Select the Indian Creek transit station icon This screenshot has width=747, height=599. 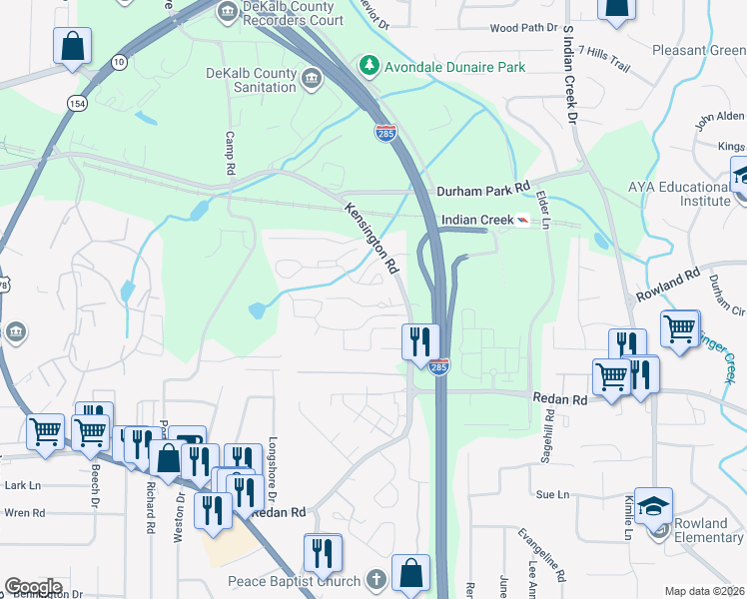coord(523,220)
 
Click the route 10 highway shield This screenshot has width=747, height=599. coord(120,62)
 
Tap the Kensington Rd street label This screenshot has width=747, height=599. coord(373,239)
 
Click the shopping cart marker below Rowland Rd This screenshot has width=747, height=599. coord(680,326)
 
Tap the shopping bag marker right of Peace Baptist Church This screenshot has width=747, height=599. coord(410,573)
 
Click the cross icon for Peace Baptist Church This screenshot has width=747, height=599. coord(375,580)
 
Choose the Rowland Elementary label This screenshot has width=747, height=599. coord(702,530)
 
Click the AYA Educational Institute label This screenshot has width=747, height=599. coord(680,194)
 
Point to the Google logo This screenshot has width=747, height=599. coord(33,586)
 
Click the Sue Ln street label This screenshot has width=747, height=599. coord(552,494)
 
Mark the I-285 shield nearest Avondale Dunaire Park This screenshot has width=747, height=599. coord(385,131)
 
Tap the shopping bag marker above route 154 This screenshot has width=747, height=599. coord(73,46)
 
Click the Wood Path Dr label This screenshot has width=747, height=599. coord(522,28)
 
